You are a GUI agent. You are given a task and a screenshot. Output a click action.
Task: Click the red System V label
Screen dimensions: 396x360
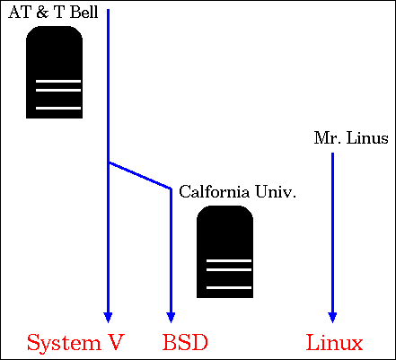(75, 343)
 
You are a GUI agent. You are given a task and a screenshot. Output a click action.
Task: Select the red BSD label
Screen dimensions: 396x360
(185, 342)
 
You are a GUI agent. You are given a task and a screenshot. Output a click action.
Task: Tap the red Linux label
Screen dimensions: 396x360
(334, 342)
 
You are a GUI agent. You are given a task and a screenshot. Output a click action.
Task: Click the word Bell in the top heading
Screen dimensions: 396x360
(84, 13)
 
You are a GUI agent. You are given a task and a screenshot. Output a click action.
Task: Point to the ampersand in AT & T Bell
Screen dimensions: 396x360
(42, 13)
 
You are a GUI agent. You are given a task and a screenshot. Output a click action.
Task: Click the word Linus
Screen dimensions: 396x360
(367, 138)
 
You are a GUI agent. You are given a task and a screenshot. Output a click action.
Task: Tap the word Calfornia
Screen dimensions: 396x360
(214, 191)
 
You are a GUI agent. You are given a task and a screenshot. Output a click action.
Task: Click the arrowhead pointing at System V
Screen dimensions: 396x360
(108, 317)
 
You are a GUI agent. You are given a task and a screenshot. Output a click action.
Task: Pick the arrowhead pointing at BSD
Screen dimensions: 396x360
(171, 317)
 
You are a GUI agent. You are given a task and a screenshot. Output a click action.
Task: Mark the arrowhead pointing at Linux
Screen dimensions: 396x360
(332, 317)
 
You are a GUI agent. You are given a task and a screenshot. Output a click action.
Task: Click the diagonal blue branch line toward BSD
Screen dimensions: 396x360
(139, 175)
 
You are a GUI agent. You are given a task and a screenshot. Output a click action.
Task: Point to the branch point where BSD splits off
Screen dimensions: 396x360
(109, 162)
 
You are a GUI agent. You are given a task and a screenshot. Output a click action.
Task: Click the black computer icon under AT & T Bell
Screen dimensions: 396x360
(55, 72)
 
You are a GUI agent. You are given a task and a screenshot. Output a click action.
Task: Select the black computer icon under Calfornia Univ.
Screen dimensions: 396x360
(224, 251)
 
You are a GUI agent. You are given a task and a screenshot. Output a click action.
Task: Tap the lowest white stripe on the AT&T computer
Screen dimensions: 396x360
(58, 108)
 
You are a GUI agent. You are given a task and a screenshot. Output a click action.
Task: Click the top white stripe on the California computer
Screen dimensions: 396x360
(229, 261)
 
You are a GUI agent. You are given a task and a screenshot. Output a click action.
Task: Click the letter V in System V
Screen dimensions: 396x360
(115, 342)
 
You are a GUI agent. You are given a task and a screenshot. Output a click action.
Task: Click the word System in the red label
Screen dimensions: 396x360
(64, 344)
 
